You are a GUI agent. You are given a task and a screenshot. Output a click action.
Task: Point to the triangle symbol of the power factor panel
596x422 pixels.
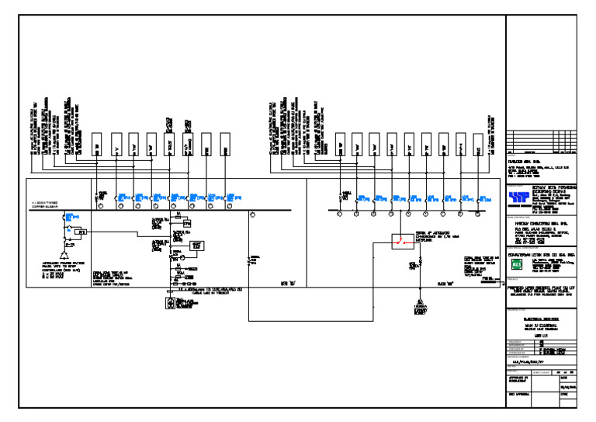click(66, 256)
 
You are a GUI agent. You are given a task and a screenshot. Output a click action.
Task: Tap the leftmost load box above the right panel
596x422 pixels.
click(340, 144)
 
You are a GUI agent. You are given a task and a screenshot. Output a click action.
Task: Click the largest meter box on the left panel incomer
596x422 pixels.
click(196, 246)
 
